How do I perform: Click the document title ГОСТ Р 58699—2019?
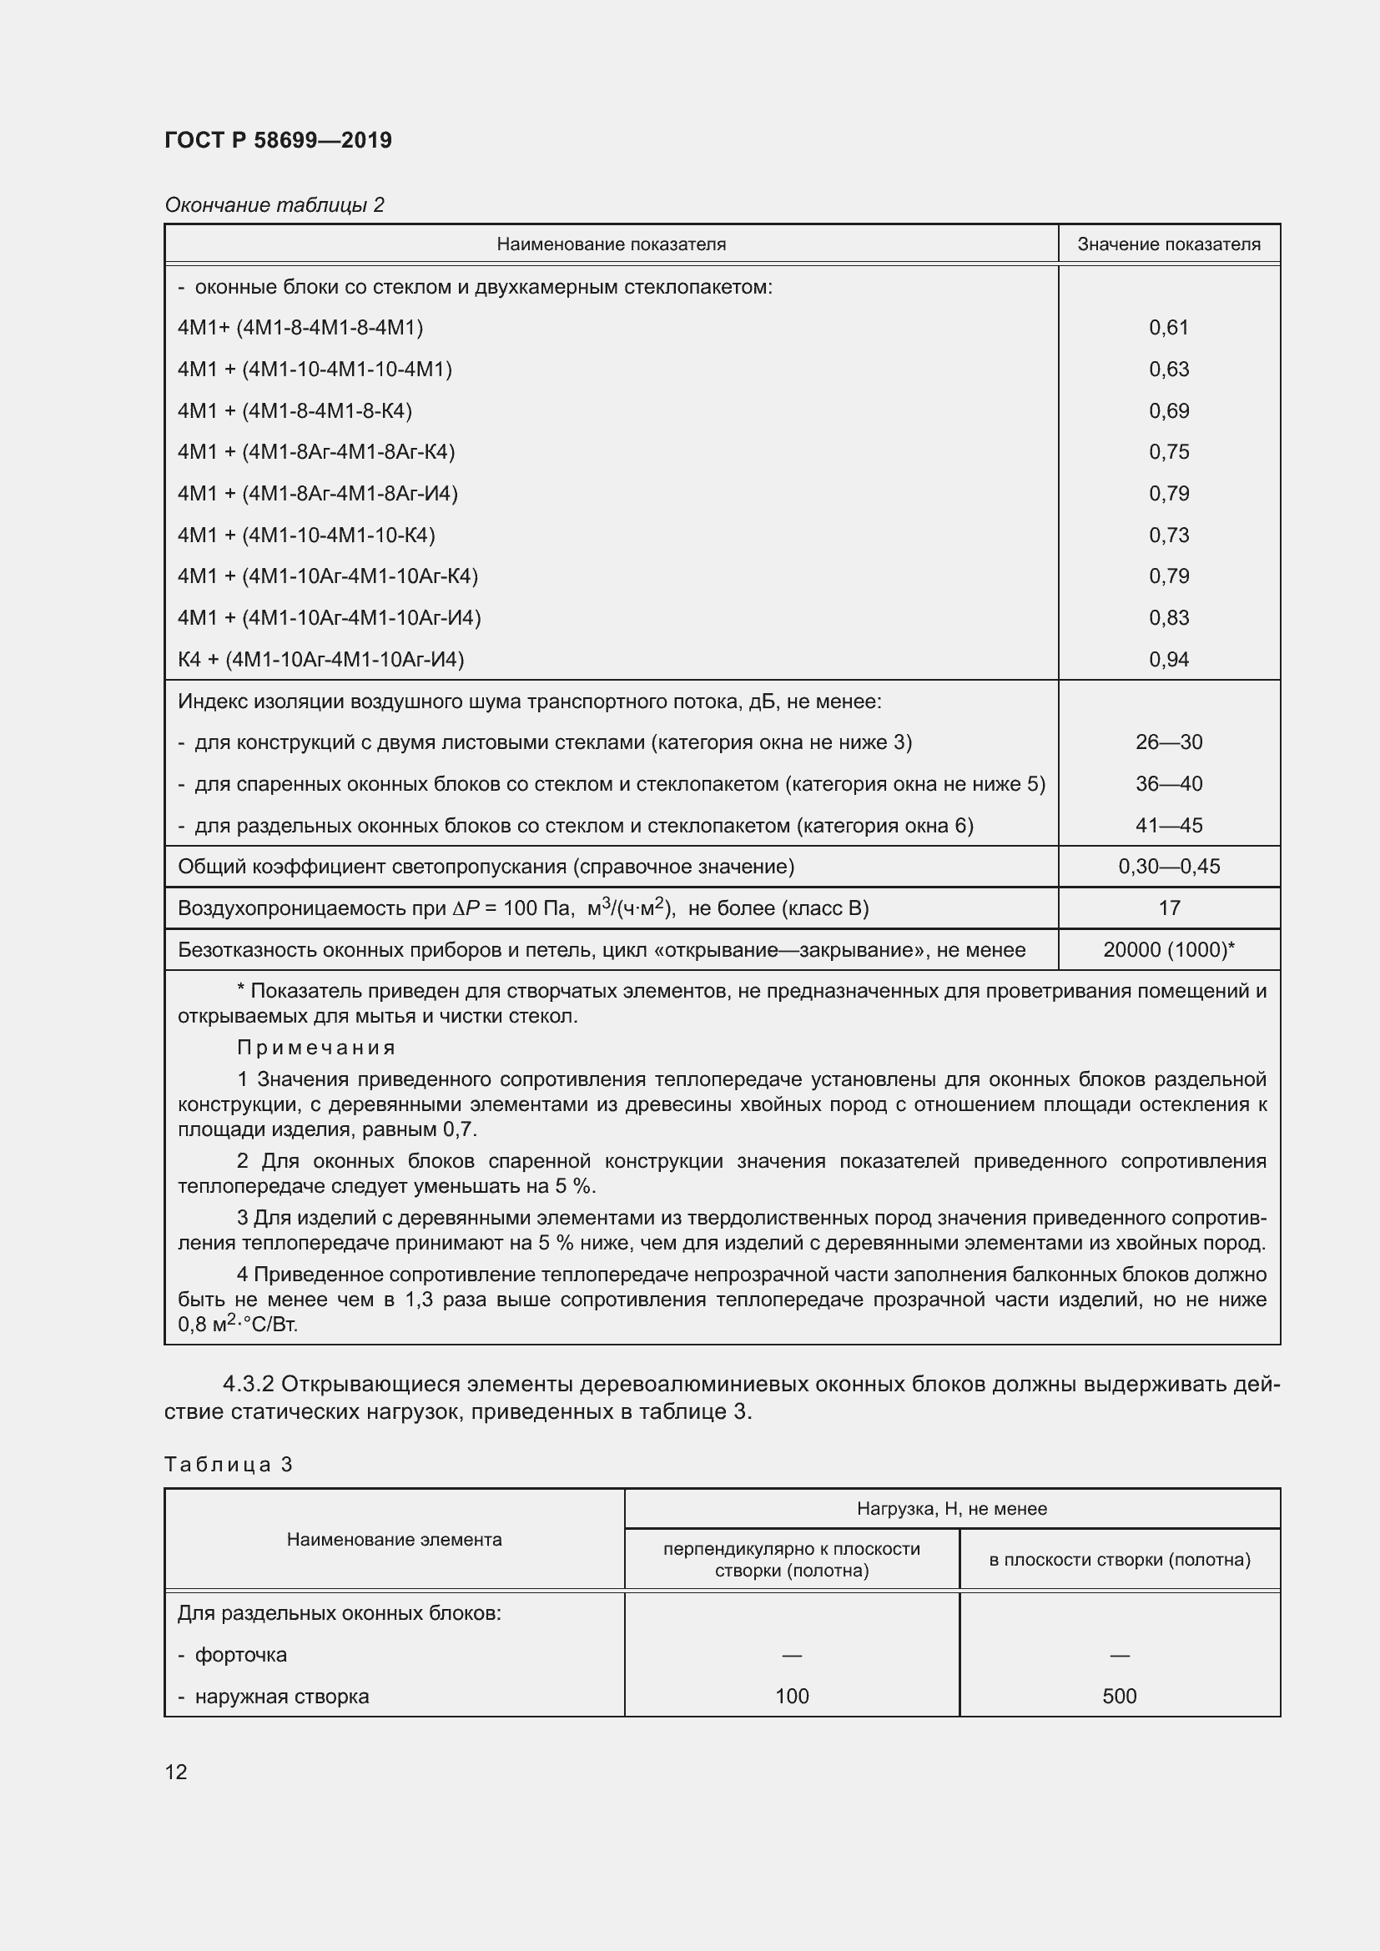278,140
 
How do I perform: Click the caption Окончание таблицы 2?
274,205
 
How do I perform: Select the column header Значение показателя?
1168,244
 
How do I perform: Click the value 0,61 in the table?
1168,328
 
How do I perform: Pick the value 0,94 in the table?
1168,660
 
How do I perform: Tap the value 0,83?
1168,618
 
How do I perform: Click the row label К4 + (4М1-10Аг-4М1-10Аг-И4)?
321,660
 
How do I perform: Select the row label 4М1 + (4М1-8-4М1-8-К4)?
295,411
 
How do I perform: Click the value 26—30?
1168,742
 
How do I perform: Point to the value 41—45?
1168,825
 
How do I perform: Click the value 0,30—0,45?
1168,867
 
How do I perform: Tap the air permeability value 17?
1168,908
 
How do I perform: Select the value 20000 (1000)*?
1168,950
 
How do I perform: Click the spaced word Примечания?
316,1048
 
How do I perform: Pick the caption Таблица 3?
229,1464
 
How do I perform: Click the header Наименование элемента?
395,1540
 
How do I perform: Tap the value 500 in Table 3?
1119,1696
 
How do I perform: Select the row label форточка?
240,1654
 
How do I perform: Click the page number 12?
176,1772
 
